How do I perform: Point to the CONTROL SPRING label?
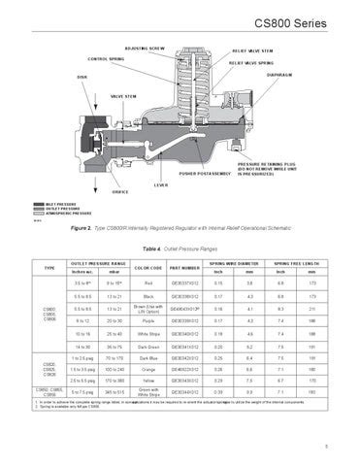tap(109, 59)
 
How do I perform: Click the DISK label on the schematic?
tap(70, 77)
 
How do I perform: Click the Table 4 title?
tap(180, 248)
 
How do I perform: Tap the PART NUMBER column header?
tap(185, 267)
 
